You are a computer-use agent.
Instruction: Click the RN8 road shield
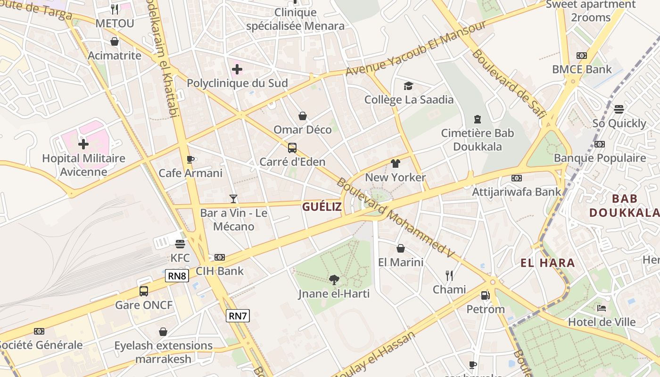point(177,276)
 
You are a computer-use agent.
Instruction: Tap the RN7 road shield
point(238,316)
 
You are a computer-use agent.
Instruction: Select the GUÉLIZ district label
point(322,206)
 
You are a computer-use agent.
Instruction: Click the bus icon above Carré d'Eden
point(292,148)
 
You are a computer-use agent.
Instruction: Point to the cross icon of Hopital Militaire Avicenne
point(83,144)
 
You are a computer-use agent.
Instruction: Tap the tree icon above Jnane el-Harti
point(334,280)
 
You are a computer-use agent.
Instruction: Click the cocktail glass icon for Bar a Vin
point(233,199)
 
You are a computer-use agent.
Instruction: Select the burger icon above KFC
point(180,244)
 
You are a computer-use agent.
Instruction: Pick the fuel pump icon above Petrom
point(485,295)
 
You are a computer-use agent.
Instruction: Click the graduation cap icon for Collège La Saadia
point(408,86)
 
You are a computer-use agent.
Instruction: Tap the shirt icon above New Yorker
point(396,164)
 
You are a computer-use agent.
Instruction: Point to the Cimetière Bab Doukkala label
point(478,139)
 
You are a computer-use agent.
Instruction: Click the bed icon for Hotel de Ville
point(602,308)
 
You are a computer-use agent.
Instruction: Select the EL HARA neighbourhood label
point(548,263)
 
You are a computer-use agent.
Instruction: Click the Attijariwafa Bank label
point(517,192)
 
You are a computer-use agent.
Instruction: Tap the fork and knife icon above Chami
point(449,275)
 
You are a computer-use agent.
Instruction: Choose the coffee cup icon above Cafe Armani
point(190,159)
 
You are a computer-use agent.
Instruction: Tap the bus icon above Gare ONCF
point(144,291)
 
